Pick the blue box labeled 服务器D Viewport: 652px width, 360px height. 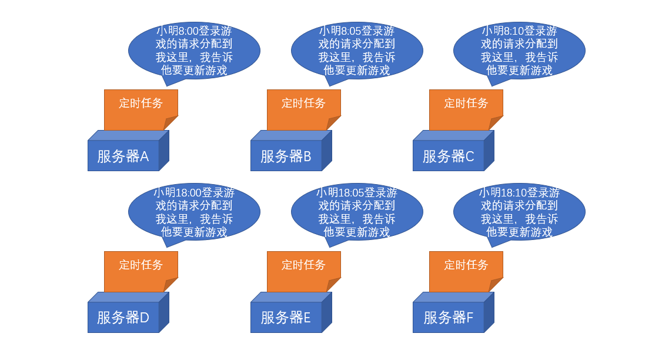point(123,317)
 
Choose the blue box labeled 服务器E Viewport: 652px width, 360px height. point(286,317)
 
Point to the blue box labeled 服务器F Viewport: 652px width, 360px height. point(449,317)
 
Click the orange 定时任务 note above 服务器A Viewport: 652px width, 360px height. point(141,106)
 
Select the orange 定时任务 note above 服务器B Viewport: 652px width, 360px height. point(303,106)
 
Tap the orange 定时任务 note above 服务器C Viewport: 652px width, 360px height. point(466,106)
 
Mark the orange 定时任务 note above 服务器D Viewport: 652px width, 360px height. point(141,268)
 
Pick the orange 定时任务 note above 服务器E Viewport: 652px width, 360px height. point(303,268)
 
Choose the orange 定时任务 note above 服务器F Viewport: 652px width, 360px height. point(466,268)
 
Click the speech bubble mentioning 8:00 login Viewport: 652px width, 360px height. point(194,51)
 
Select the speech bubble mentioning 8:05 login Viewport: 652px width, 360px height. point(357,51)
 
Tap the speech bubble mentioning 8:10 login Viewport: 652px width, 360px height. point(519,51)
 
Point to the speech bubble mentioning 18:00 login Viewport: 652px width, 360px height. point(194,212)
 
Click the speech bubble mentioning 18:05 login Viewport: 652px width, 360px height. point(357,212)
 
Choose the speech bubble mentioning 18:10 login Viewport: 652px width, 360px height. point(519,212)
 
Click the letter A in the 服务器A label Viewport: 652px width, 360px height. point(144,156)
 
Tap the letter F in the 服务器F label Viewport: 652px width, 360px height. point(470,318)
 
